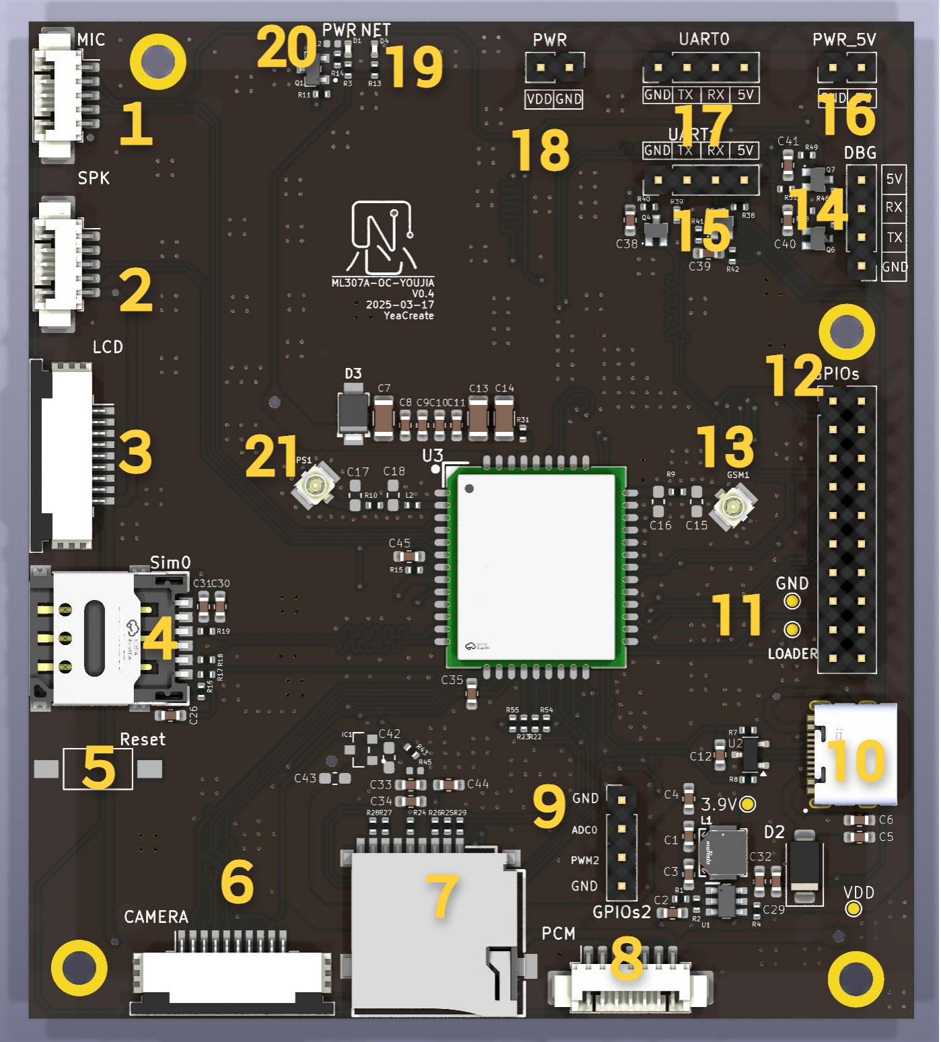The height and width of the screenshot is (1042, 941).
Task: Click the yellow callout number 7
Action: click(x=442, y=896)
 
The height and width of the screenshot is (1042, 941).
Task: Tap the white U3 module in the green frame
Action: click(x=536, y=567)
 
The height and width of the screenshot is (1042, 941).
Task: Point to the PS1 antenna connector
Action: click(x=314, y=484)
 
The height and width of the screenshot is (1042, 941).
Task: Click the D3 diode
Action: click(x=353, y=412)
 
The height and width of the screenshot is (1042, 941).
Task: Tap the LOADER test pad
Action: click(x=792, y=630)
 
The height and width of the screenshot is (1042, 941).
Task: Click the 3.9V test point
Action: click(x=747, y=804)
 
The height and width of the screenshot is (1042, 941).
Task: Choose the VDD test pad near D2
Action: click(x=853, y=909)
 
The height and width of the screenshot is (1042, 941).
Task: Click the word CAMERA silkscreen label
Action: click(x=156, y=917)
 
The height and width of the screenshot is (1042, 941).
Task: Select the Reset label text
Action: click(x=143, y=739)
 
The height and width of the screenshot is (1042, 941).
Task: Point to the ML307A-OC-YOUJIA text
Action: click(x=382, y=283)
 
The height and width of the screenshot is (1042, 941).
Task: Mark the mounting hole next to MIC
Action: click(x=158, y=62)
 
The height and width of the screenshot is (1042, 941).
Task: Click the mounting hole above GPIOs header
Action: click(x=847, y=331)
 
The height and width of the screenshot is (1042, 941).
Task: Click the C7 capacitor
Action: click(x=384, y=417)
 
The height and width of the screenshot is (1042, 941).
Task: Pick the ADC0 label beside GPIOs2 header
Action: click(x=584, y=830)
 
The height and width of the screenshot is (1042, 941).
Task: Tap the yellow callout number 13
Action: click(x=726, y=446)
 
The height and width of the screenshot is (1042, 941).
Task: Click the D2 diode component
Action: click(x=804, y=866)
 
